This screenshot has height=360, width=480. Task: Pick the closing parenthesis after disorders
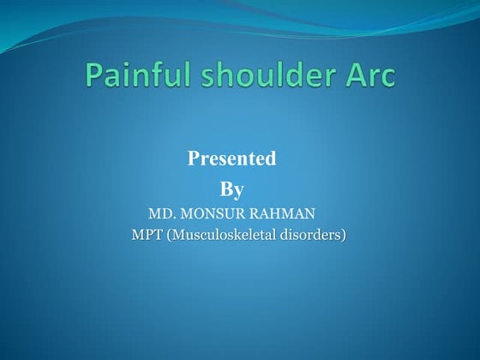(x=345, y=234)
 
